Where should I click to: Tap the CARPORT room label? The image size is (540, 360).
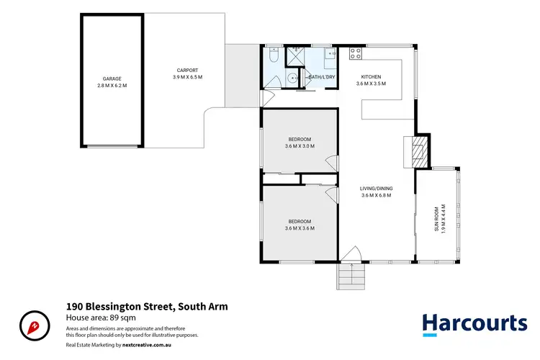click(187, 70)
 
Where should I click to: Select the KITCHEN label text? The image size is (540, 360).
click(371, 77)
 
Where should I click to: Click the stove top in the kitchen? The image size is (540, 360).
click(354, 52)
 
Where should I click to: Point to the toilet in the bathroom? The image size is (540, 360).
click(271, 56)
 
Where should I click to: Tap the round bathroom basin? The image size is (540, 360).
click(291, 78)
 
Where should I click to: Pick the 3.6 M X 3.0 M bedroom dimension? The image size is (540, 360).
click(300, 146)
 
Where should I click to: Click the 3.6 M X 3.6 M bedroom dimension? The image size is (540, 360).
click(300, 228)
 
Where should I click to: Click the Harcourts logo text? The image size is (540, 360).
click(474, 323)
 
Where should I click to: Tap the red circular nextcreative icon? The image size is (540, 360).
click(34, 325)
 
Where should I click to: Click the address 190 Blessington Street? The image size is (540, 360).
click(147, 306)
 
